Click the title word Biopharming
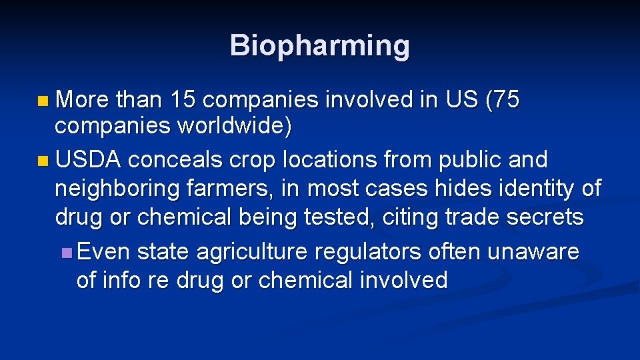(x=320, y=46)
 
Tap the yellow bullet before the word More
(x=43, y=102)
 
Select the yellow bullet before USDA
(x=43, y=161)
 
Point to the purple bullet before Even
(x=65, y=253)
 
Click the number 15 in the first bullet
(x=183, y=101)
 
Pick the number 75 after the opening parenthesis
(x=507, y=101)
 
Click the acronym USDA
(x=88, y=160)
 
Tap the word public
(x=478, y=161)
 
